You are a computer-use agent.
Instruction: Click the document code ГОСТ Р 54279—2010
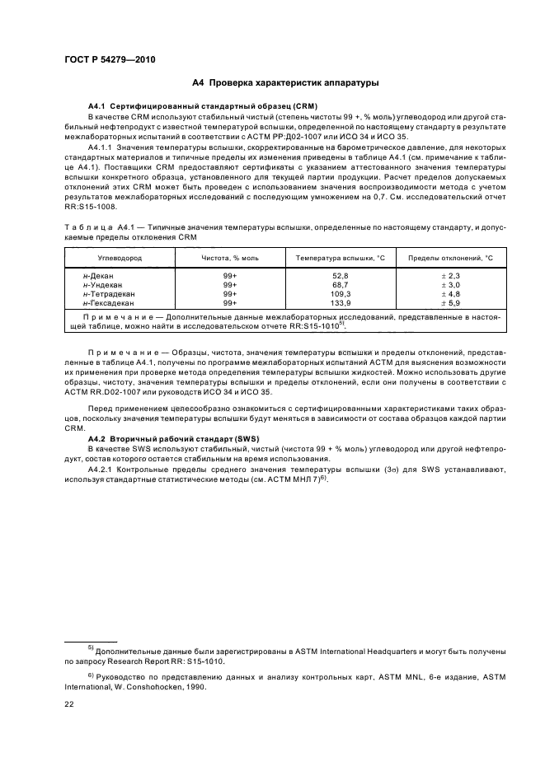pyautogui.click(x=110, y=59)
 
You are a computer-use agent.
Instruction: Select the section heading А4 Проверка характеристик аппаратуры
pyautogui.click(x=284, y=83)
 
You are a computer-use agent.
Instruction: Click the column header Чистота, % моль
pyautogui.click(x=230, y=258)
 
